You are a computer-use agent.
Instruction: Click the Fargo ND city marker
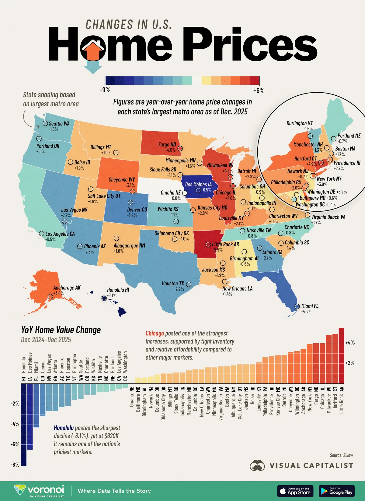[180, 148]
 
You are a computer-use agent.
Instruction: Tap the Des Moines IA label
[198, 184]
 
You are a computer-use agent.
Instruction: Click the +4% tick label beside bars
[350, 343]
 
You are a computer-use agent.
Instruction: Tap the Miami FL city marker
[297, 307]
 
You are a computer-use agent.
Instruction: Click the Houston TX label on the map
[173, 283]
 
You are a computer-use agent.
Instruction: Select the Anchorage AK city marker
[50, 296]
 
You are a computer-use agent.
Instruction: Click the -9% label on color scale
[105, 90]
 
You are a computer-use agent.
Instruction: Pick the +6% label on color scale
[259, 90]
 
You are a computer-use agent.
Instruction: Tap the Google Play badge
[336, 491]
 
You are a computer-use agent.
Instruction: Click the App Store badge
[295, 491]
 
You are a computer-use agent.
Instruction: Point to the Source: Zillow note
[341, 455]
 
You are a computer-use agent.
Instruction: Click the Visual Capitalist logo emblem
[257, 465]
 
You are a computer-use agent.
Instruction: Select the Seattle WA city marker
[45, 123]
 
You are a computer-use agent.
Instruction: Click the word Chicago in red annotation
[155, 333]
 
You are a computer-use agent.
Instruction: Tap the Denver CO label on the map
[137, 210]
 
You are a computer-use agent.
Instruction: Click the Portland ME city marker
[333, 138]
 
